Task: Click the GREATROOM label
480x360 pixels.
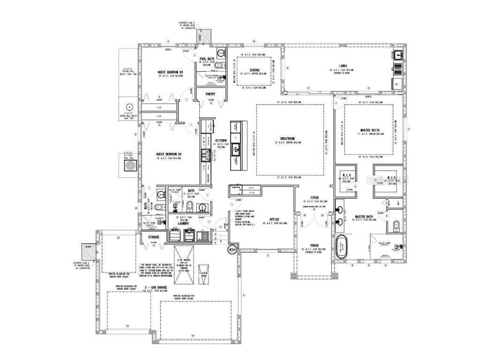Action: pyautogui.click(x=286, y=139)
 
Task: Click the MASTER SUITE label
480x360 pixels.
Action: pyautogui.click(x=370, y=130)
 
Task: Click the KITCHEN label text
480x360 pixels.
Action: pyautogui.click(x=221, y=141)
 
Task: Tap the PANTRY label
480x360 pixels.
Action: pyautogui.click(x=210, y=94)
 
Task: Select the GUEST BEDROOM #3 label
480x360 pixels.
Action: pyautogui.click(x=170, y=72)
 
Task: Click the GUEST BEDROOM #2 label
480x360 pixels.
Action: pyautogui.click(x=169, y=154)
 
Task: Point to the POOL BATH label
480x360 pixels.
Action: pyautogui.click(x=206, y=59)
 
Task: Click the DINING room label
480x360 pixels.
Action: pyautogui.click(x=248, y=70)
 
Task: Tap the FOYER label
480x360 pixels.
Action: pyautogui.click(x=315, y=198)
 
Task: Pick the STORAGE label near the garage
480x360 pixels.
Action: pyautogui.click(x=154, y=237)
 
